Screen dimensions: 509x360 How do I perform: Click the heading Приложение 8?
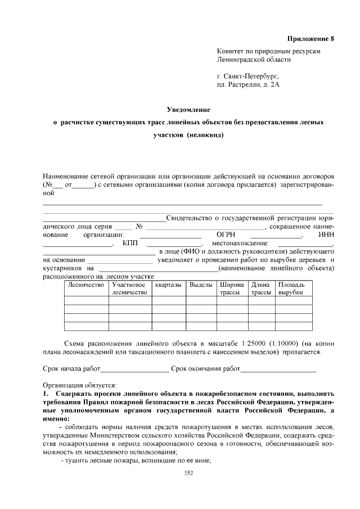click(310, 39)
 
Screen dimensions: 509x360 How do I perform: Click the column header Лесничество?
click(86, 286)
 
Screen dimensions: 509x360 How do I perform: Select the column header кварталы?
click(169, 286)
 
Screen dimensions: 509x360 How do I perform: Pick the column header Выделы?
click(201, 286)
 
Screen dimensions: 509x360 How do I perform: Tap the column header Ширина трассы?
click(231, 289)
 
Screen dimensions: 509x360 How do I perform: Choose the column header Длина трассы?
click(260, 289)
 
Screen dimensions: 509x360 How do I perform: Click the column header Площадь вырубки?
click(292, 289)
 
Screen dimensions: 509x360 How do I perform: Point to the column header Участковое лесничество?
click(129, 289)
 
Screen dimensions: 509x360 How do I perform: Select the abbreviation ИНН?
click(326, 235)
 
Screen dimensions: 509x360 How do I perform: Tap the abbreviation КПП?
click(130, 243)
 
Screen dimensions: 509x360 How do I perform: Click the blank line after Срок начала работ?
click(134, 370)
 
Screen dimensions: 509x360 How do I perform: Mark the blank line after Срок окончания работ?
click(278, 370)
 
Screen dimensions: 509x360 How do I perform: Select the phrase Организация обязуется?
click(79, 385)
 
